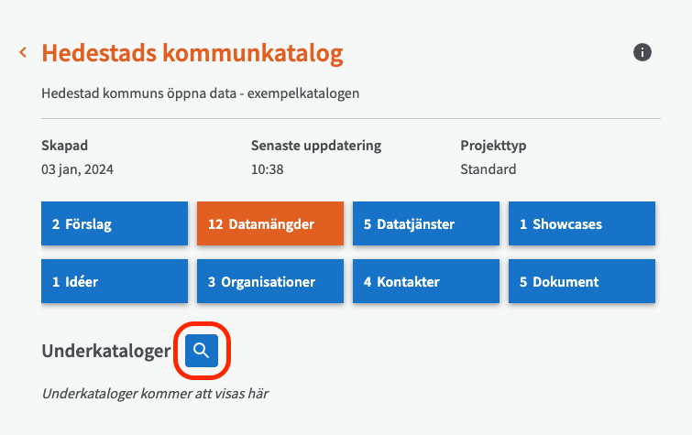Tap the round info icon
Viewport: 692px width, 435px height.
point(643,52)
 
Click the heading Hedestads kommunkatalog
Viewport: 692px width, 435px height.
point(192,53)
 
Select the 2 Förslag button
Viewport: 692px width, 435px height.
point(115,223)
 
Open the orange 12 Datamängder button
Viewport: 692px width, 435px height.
point(270,223)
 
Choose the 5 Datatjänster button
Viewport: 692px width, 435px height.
point(426,223)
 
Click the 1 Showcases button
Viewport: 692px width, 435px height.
point(582,223)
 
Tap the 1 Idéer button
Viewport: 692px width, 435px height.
point(115,281)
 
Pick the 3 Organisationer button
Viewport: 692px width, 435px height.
point(270,281)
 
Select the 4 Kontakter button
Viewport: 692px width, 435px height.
point(426,281)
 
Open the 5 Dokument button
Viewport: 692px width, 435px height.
point(582,281)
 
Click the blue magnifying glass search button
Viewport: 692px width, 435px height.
point(202,350)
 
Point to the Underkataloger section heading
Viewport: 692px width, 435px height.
point(106,351)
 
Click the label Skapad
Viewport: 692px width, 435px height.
point(65,145)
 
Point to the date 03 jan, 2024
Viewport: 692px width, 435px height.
point(78,169)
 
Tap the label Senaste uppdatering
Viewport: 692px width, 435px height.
point(316,145)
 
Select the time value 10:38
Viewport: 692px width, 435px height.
point(268,169)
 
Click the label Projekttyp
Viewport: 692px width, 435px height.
point(493,145)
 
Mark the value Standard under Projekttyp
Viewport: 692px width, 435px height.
point(489,169)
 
